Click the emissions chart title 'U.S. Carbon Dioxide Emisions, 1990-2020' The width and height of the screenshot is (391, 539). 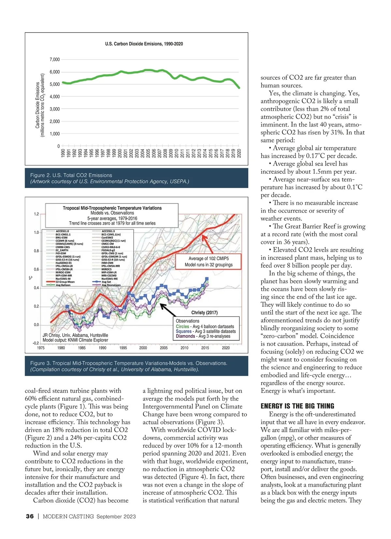pos(144,44)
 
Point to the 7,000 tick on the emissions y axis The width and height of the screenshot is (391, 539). pos(55,60)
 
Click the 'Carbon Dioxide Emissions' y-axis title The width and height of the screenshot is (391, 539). pos(37,105)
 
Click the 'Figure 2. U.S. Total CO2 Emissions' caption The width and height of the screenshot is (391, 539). pos(71,175)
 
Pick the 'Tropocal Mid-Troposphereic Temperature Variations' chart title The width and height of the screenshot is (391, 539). pos(112,208)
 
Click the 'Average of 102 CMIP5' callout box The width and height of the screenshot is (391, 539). pos(209,262)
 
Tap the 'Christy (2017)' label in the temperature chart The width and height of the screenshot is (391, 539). pos(204,313)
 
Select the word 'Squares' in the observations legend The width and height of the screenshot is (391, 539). pos(183,331)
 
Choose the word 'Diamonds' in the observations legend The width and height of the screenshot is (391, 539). pos(185,336)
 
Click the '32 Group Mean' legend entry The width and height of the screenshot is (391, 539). pos(65,282)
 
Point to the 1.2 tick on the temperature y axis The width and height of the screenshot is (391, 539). pos(36,214)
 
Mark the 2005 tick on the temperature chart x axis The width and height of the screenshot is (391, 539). pos(164,348)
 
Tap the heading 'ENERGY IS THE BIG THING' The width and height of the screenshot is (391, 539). pos(297,406)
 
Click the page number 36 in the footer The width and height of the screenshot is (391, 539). pos(30,516)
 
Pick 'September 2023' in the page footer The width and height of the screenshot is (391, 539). pos(116,517)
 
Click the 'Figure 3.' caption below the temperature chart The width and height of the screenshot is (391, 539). pos(129,363)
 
